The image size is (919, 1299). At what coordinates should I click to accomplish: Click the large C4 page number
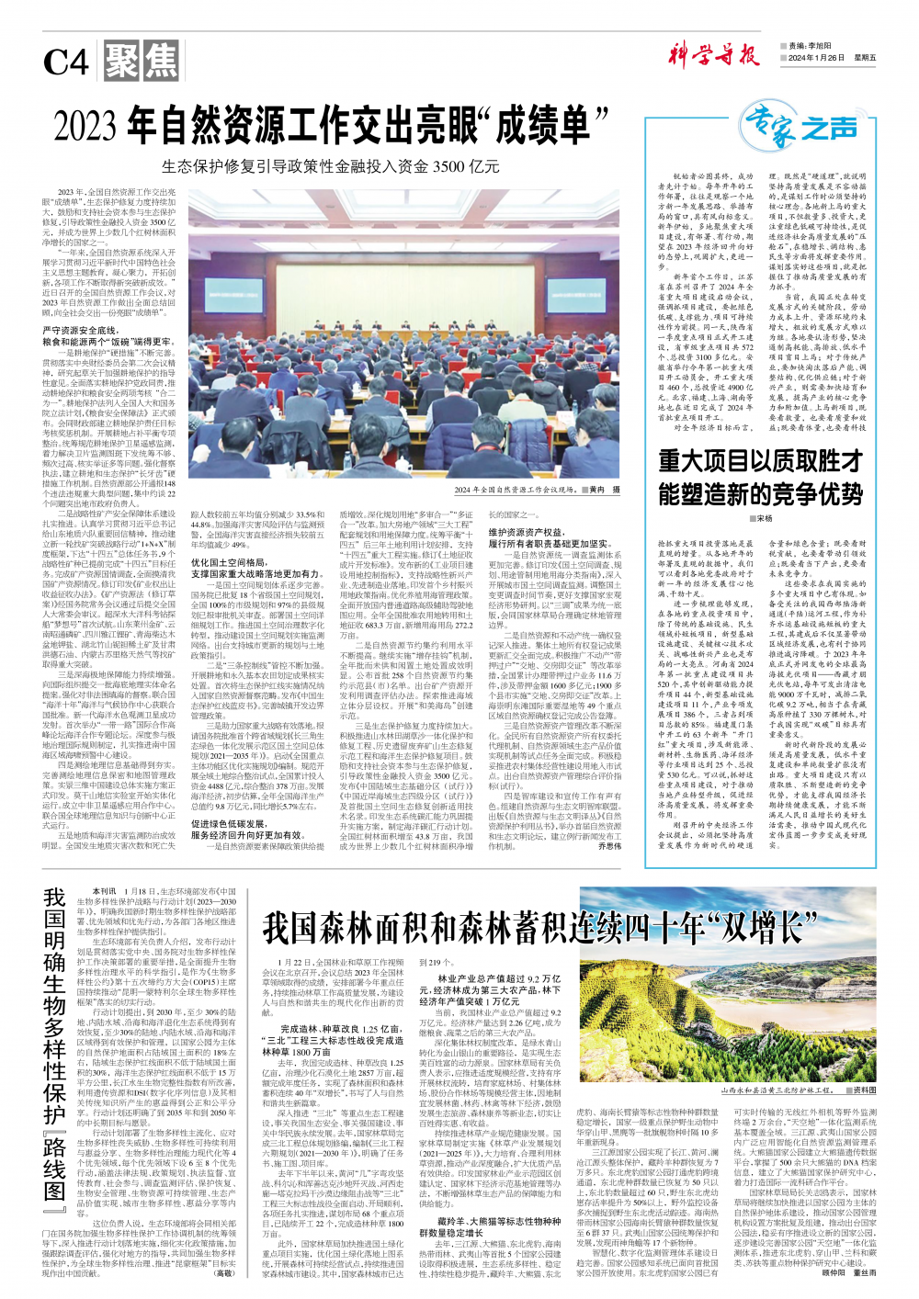(x=66, y=63)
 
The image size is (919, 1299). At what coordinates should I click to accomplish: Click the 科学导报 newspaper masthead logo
(x=713, y=54)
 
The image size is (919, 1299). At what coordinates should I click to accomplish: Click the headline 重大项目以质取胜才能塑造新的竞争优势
(x=760, y=478)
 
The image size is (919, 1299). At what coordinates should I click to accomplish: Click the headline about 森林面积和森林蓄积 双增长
(x=540, y=927)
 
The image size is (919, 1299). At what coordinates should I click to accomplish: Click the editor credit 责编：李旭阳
(x=809, y=46)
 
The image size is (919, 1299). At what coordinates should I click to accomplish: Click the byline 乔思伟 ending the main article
(x=609, y=846)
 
